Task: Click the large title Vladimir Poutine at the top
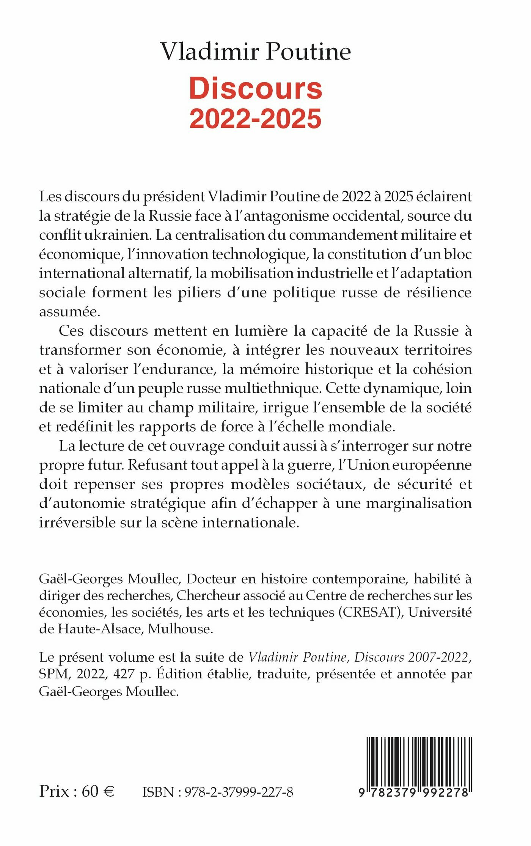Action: click(x=256, y=52)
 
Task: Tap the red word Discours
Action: click(x=256, y=89)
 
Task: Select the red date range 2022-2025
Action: click(x=256, y=119)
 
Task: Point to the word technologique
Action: click(x=259, y=254)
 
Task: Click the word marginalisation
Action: click(x=419, y=504)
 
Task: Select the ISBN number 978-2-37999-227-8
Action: click(x=239, y=792)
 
